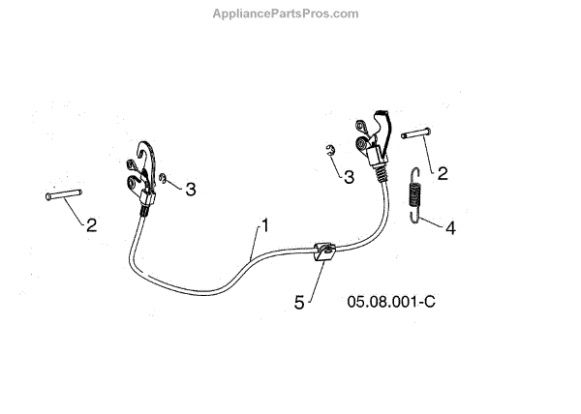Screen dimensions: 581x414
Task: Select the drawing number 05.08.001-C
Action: point(391,301)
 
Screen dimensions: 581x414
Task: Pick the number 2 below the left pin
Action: point(91,225)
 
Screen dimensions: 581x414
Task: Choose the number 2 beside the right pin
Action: point(443,174)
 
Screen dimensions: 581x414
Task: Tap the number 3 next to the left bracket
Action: point(191,190)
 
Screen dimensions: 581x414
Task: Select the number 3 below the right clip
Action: point(348,176)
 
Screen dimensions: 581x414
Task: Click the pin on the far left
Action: point(61,196)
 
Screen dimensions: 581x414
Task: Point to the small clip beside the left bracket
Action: point(164,178)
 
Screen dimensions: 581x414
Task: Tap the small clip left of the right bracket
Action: point(329,149)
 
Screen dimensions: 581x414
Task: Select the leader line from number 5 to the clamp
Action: point(310,281)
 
